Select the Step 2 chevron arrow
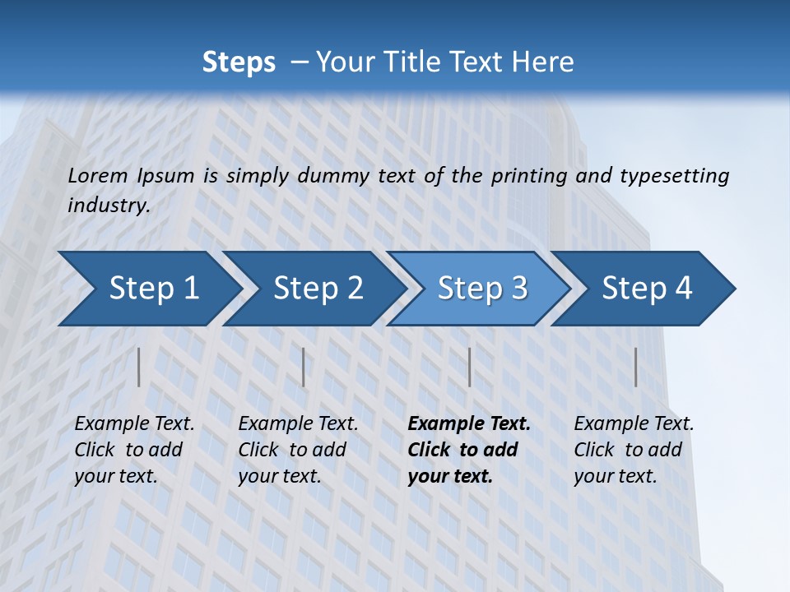317,288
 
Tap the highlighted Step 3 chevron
481,288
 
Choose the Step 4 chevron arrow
646,288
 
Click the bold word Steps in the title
239,62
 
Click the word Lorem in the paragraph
97,175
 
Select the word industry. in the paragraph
109,205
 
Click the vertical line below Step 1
139,367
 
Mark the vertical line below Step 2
304,367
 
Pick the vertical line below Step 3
469,367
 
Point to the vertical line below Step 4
635,367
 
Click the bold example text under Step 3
468,450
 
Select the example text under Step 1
134,450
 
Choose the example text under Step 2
298,450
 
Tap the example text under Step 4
634,450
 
